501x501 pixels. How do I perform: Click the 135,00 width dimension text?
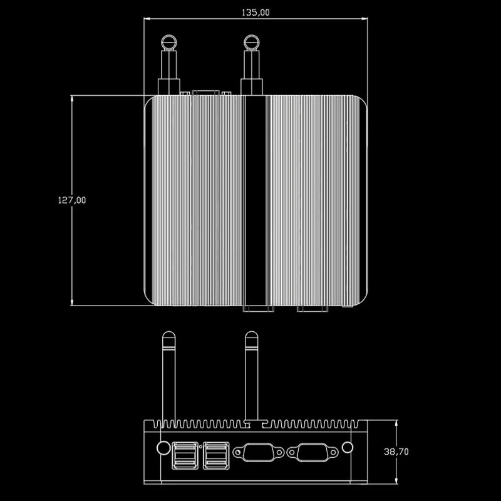(256, 13)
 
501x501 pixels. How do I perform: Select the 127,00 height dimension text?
(72, 200)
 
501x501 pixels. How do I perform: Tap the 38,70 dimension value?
(396, 452)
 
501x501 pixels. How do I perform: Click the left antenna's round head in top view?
(168, 43)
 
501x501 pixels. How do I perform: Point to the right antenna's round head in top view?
(252, 43)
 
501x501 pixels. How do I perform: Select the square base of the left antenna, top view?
(168, 87)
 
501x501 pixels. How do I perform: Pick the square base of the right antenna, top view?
(252, 87)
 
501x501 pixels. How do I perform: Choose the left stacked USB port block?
(185, 456)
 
